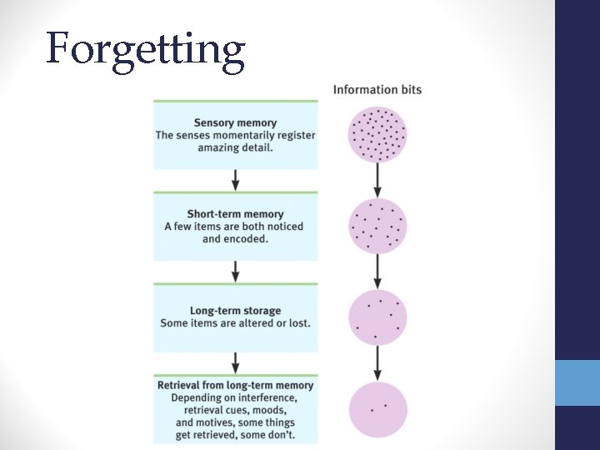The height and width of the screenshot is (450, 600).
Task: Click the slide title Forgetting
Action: click(146, 48)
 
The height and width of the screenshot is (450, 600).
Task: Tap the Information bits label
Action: click(377, 90)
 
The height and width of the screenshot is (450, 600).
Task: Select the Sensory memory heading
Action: click(235, 122)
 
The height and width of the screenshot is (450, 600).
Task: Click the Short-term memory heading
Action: click(235, 214)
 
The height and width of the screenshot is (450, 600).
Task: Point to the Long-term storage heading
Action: click(235, 311)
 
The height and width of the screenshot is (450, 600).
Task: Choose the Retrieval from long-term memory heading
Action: click(235, 385)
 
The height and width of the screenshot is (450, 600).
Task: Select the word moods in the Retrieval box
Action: click(270, 410)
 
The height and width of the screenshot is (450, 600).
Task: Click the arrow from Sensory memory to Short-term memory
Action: click(235, 179)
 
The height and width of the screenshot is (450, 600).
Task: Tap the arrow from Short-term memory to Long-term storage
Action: click(235, 271)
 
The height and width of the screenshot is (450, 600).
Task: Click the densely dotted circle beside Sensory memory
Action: click(377, 133)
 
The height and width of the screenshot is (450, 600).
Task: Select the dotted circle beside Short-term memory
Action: click(377, 226)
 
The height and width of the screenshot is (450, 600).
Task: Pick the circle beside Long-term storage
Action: click(377, 317)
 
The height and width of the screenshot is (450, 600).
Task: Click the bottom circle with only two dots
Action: click(377, 408)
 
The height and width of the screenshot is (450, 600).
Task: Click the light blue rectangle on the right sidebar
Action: click(577, 382)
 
